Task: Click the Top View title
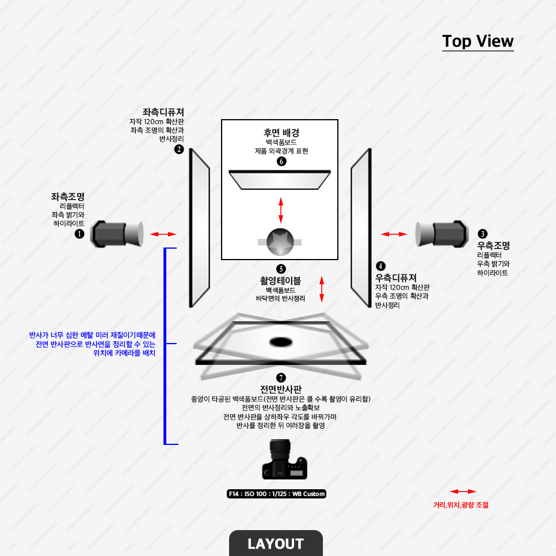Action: point(478,41)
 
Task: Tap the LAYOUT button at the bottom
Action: point(276,543)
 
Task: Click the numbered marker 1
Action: point(79,234)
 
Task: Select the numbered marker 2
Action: point(179,150)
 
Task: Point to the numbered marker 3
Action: point(482,234)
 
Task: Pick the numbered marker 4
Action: point(381,266)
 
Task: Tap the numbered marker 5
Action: point(281,269)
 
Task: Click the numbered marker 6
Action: point(281,162)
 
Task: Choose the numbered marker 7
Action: point(281,378)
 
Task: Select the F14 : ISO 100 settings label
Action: point(277,494)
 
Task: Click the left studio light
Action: point(117,233)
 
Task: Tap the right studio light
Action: point(441,233)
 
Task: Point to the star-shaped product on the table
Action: point(281,242)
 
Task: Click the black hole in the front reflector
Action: point(281,341)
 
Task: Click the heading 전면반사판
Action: point(280,389)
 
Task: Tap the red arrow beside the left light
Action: point(163,234)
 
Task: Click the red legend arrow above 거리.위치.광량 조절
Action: point(463,492)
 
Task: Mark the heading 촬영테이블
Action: point(280,281)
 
